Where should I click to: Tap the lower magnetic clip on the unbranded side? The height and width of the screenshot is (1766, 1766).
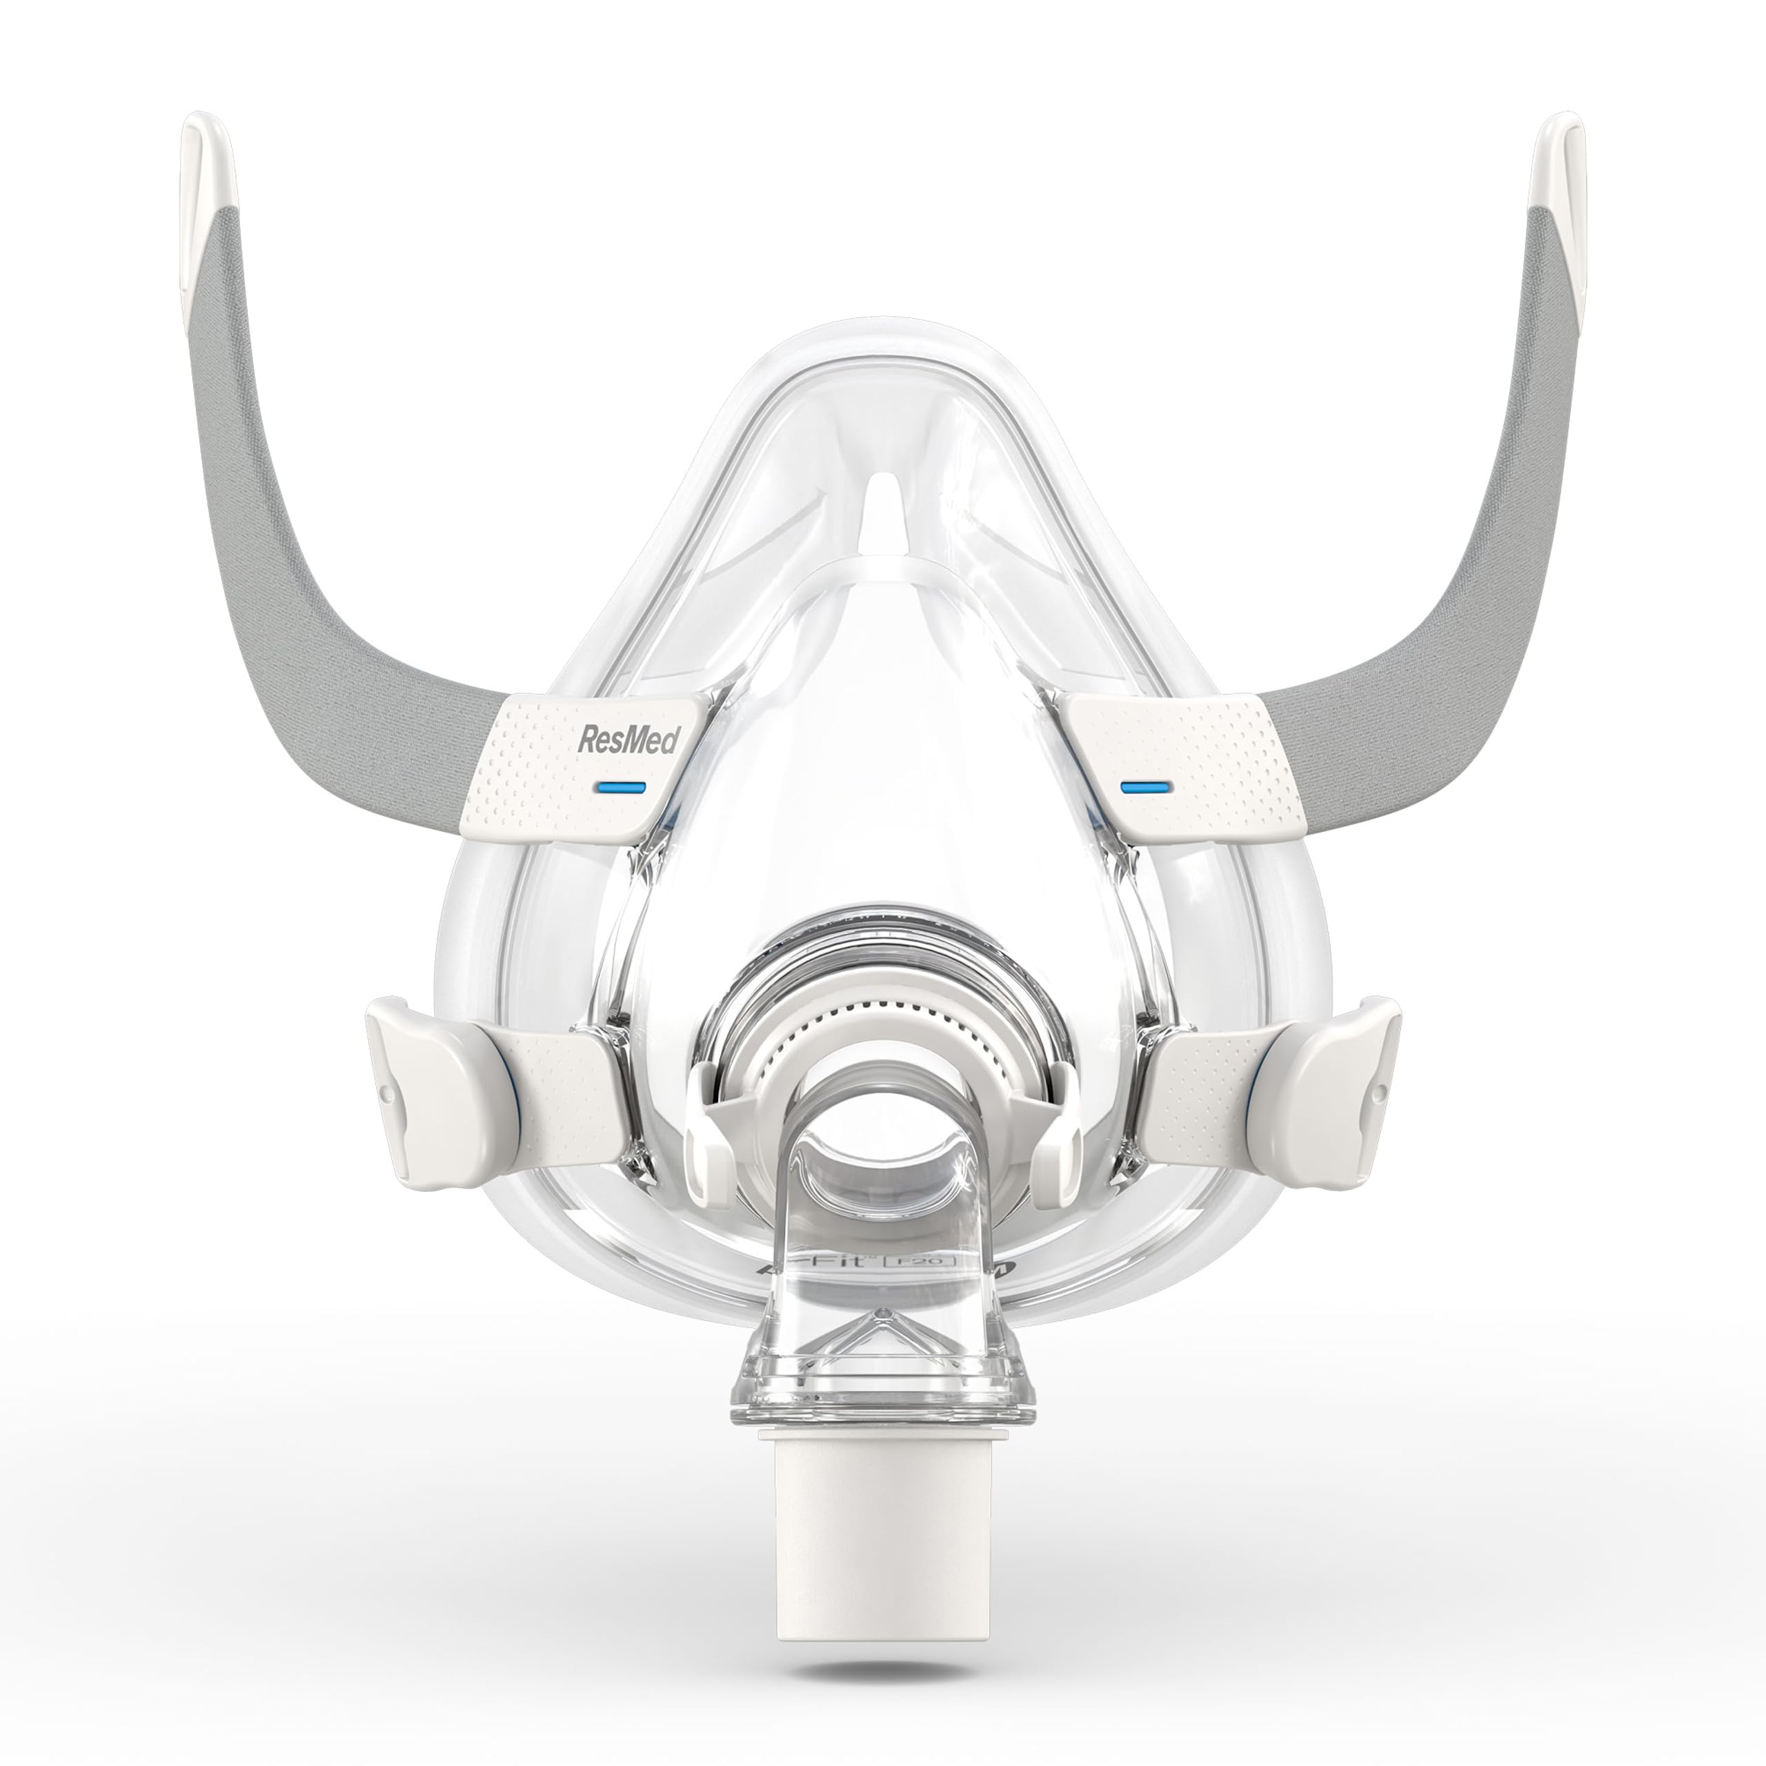(1344, 1079)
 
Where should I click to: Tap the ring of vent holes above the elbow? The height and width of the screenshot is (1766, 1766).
(882, 1019)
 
